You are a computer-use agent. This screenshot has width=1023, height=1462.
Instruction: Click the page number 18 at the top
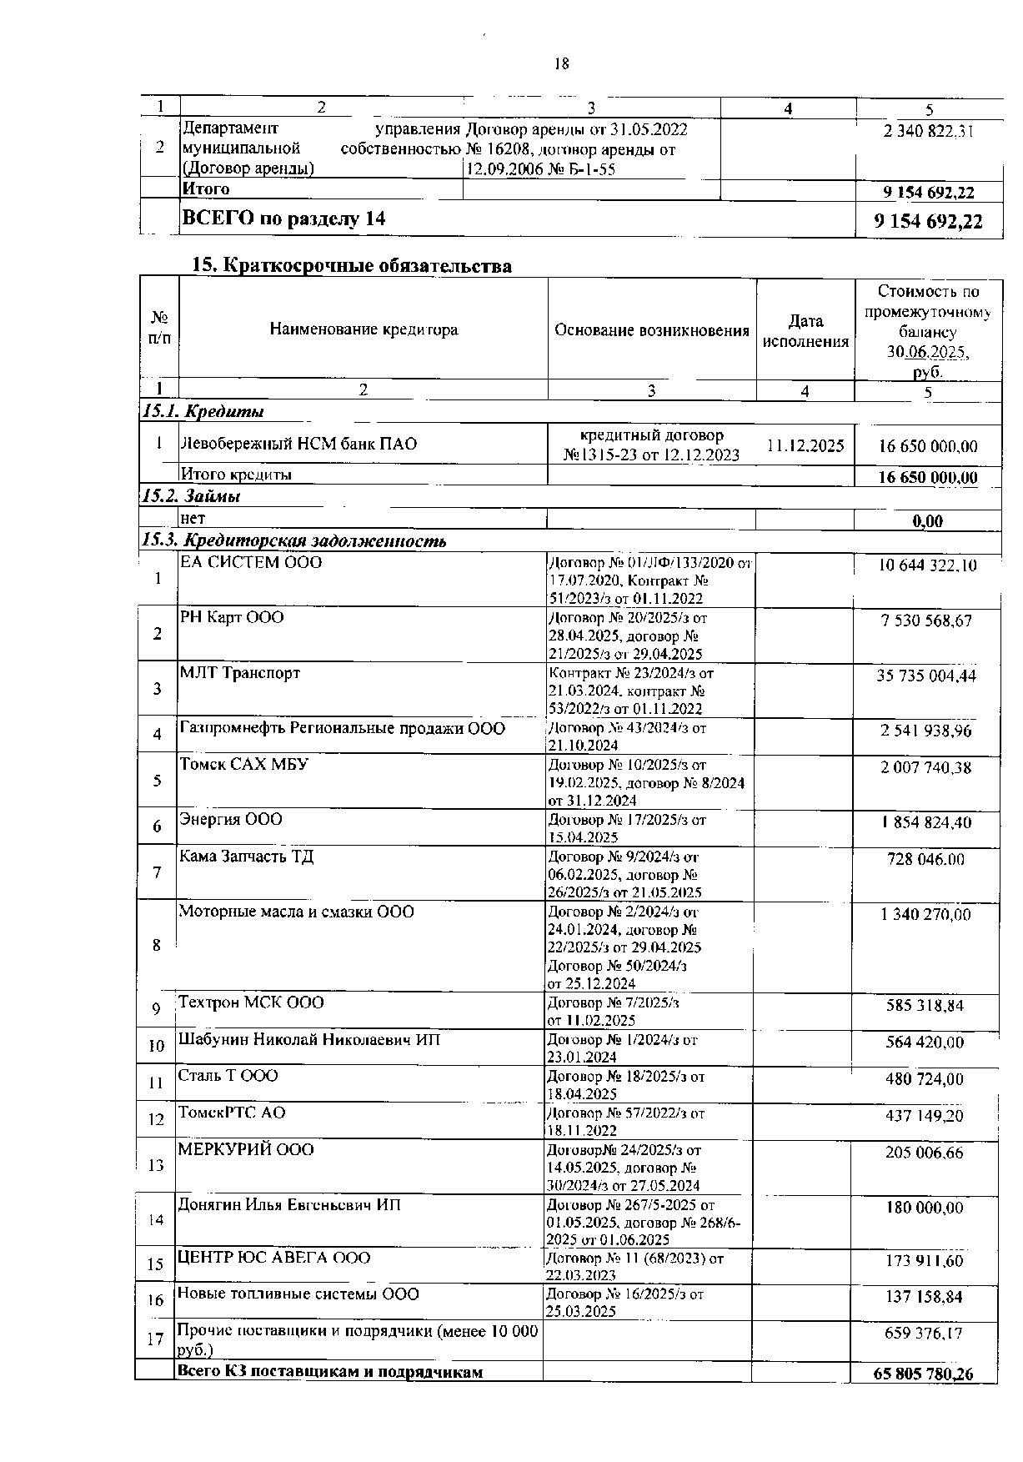(x=561, y=64)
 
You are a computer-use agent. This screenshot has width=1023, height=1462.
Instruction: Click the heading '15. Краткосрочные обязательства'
(x=352, y=266)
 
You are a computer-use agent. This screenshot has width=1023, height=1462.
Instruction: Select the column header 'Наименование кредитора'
(x=364, y=329)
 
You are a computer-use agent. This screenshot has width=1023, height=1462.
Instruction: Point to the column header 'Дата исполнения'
(x=805, y=331)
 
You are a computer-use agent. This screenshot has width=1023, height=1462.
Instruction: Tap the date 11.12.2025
(x=805, y=445)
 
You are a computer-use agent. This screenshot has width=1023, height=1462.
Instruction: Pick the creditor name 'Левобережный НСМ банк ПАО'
(x=298, y=444)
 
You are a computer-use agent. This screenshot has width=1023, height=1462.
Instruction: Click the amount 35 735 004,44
(x=925, y=676)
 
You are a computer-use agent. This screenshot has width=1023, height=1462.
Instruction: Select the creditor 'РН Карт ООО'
(x=232, y=618)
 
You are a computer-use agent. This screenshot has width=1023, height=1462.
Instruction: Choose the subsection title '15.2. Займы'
(x=192, y=496)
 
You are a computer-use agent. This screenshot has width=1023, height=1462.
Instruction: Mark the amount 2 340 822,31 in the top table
(x=929, y=131)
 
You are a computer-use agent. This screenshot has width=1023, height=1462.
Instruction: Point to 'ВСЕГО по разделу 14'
(x=284, y=219)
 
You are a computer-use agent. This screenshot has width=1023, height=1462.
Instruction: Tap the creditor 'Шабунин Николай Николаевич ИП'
(x=309, y=1040)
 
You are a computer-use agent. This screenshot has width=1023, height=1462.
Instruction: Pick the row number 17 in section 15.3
(x=155, y=1340)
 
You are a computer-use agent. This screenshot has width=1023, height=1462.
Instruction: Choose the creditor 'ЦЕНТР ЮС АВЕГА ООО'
(x=274, y=1258)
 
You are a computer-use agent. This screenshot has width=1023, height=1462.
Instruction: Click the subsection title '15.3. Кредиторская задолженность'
(x=294, y=541)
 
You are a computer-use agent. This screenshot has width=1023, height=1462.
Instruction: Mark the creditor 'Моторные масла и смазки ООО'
(x=297, y=912)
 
